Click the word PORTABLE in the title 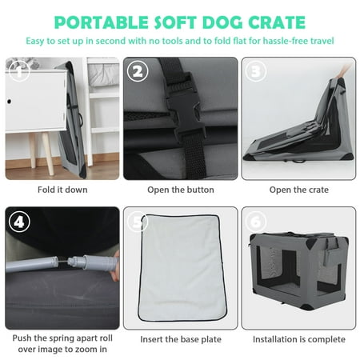101,22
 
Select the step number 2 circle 138,71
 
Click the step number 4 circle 19,222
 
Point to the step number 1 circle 19,71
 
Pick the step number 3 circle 255,71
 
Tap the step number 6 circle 255,222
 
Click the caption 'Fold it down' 62,190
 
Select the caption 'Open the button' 181,190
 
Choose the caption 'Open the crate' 298,190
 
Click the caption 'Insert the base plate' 181,339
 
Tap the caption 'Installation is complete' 298,339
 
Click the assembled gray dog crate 298,270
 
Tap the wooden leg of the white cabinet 48,154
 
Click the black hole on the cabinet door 9,102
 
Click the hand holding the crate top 344,70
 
